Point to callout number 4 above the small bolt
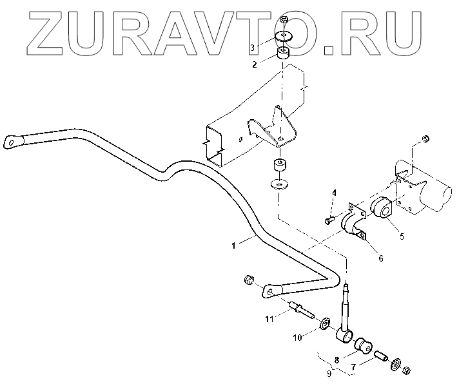(x=335, y=193)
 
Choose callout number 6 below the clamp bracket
(x=380, y=258)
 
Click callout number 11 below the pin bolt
(x=269, y=318)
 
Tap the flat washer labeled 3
(x=284, y=36)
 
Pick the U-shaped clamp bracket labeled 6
(x=356, y=222)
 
